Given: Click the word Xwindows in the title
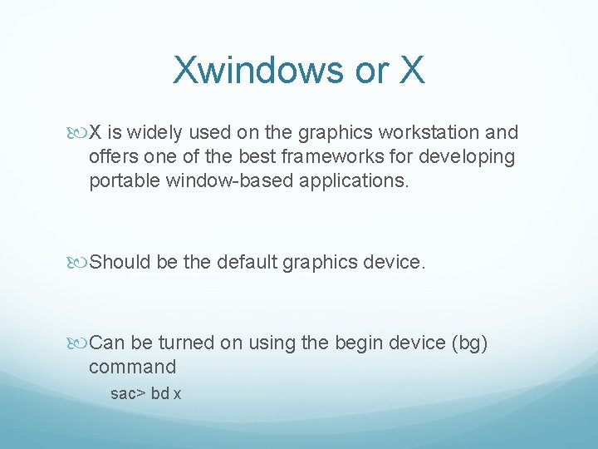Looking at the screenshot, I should point(258,71).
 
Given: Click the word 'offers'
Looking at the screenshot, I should point(114,156).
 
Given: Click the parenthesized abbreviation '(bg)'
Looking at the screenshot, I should point(471,343).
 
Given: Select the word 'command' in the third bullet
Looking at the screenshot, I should point(133,367).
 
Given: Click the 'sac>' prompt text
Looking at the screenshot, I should point(128,393).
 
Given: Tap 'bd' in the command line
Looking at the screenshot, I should point(159,393).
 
